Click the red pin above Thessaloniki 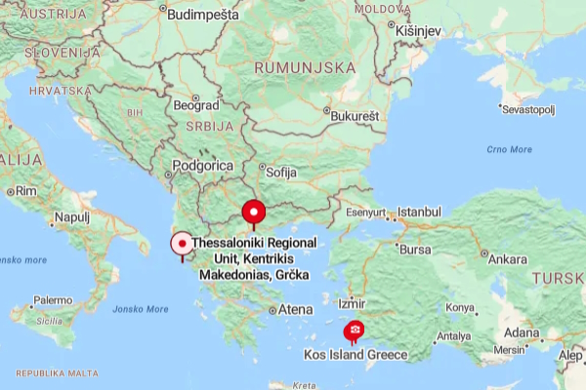pyautogui.click(x=254, y=212)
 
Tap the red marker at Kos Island pyautogui.click(x=354, y=332)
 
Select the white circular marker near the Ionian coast pyautogui.click(x=182, y=244)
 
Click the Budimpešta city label pyautogui.click(x=203, y=14)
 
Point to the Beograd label pyautogui.click(x=196, y=104)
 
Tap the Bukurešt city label pyautogui.click(x=354, y=116)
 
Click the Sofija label pyautogui.click(x=280, y=171)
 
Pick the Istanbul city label pyautogui.click(x=419, y=212)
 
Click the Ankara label pyautogui.click(x=507, y=259)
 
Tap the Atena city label pyautogui.click(x=296, y=309)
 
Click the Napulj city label pyautogui.click(x=71, y=216)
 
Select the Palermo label pyautogui.click(x=53, y=300)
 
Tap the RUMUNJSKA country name pyautogui.click(x=304, y=67)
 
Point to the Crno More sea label pyautogui.click(x=509, y=149)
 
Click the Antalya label pyautogui.click(x=452, y=336)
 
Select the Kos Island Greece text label pyautogui.click(x=356, y=355)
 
